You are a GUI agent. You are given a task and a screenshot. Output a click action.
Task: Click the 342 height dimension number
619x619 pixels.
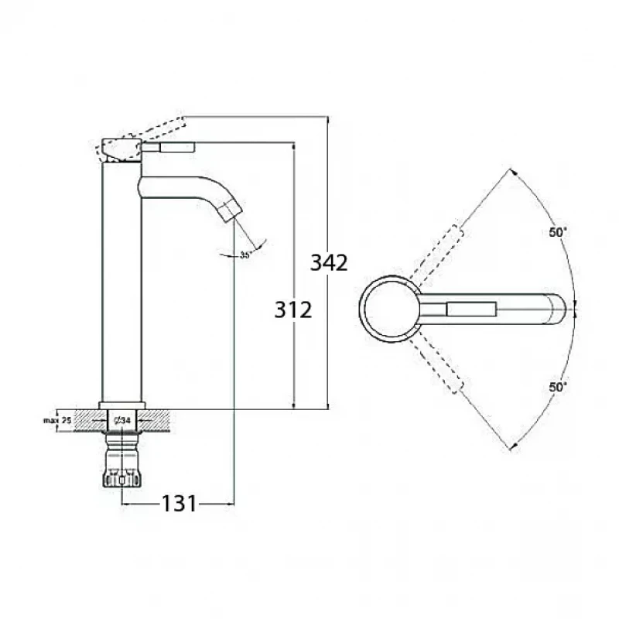[x=329, y=262]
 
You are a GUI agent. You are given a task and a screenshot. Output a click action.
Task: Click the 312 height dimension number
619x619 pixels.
[x=293, y=309]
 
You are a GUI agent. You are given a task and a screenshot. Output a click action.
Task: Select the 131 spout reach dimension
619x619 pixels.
[x=179, y=504]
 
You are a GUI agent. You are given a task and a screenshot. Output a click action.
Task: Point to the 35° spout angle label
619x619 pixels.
[x=245, y=255]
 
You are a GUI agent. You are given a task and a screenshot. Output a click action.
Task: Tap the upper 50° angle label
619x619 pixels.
[x=558, y=232]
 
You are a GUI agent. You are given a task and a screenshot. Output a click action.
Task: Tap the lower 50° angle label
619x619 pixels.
[x=558, y=387]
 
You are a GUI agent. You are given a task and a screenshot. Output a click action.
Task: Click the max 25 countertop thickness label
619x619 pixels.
[x=57, y=420]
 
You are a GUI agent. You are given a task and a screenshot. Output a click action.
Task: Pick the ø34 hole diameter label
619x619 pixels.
[x=122, y=421]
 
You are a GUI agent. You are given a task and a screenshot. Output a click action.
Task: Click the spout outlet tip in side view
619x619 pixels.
[x=234, y=214]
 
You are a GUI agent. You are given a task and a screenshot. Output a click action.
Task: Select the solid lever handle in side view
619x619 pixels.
[x=168, y=147]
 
